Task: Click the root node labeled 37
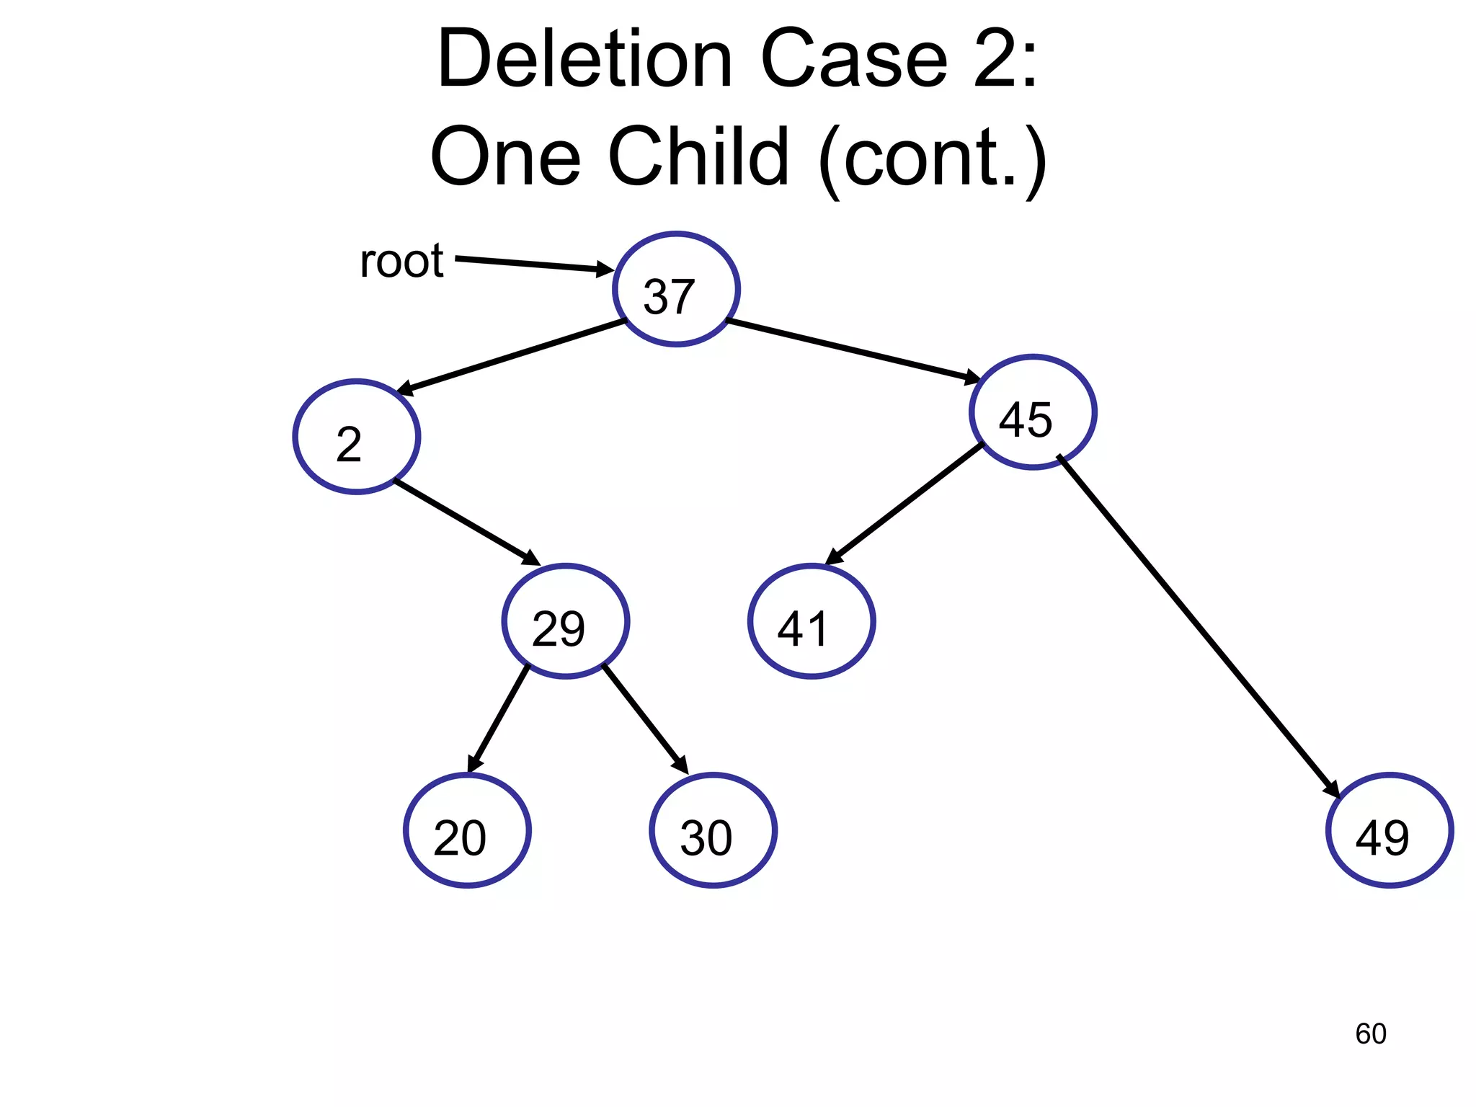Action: (676, 289)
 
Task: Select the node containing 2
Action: (357, 437)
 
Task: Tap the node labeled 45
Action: (1033, 412)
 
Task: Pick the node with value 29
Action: (566, 621)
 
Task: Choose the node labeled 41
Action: (812, 621)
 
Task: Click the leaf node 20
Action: (467, 830)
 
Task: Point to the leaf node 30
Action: (713, 830)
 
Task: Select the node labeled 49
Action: (1389, 830)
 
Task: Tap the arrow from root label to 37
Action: (533, 264)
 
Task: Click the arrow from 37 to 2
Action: (512, 357)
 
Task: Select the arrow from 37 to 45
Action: (854, 350)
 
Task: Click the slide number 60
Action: (1370, 1033)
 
